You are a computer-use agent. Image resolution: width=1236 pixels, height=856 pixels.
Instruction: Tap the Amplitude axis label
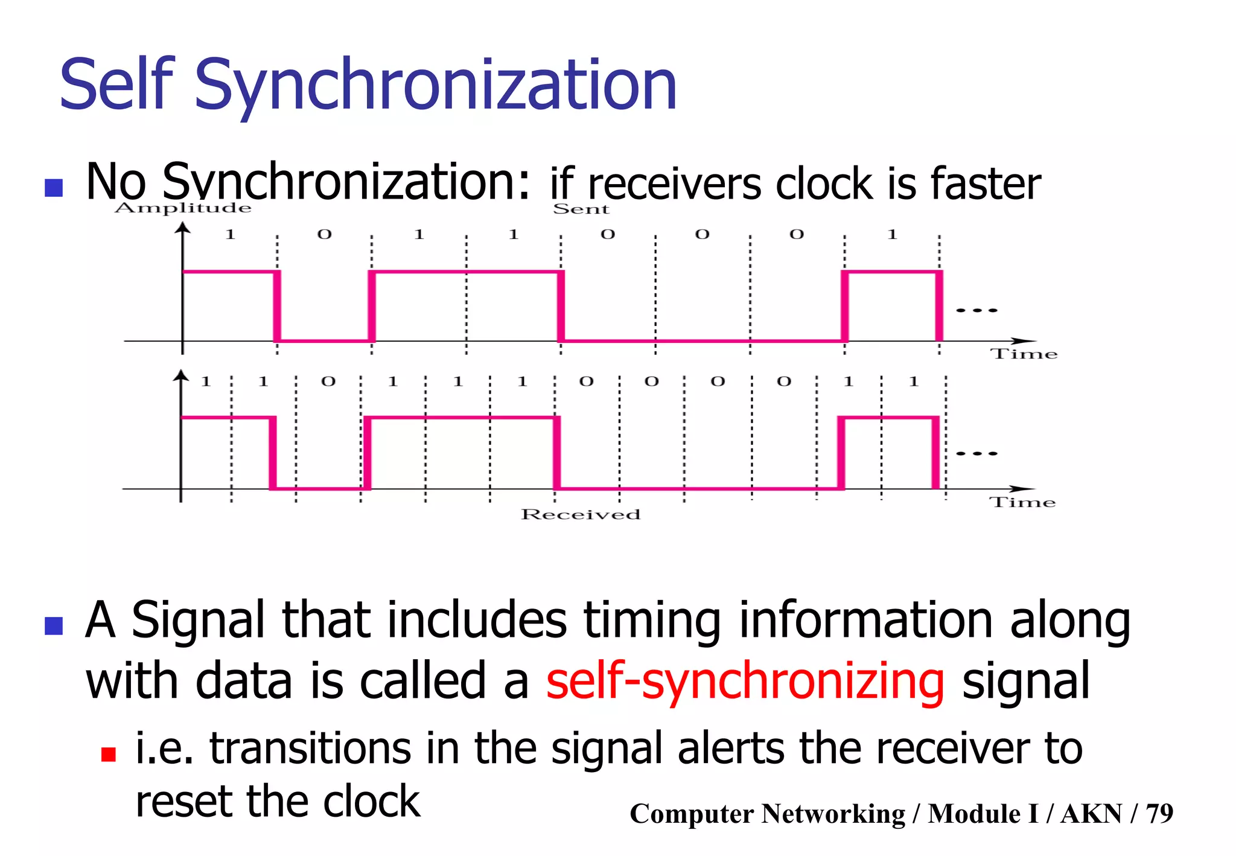coord(183,208)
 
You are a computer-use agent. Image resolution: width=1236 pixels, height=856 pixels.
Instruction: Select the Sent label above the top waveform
coord(581,209)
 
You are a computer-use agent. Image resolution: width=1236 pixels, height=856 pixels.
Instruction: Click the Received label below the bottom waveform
coord(581,514)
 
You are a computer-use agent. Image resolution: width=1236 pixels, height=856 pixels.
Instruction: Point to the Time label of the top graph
coord(1024,354)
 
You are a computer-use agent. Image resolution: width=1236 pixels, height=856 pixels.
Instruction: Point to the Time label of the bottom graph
coord(1022,502)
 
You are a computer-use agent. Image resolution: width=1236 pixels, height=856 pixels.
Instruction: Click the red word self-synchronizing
coord(745,681)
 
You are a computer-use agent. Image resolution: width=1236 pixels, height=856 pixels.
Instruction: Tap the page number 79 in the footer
coord(1159,814)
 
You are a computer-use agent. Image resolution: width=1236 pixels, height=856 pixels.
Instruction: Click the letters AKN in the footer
coord(1091,814)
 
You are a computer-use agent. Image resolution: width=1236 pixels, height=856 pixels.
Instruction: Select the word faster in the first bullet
coord(986,184)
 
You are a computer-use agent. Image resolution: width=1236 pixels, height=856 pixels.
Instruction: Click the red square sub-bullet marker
coord(109,755)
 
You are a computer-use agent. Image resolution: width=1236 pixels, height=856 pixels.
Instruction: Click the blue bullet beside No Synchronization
coord(54,188)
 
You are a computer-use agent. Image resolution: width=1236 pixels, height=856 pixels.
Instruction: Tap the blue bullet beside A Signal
coord(54,626)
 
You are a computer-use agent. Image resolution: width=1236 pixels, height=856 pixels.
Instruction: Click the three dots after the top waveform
coord(976,310)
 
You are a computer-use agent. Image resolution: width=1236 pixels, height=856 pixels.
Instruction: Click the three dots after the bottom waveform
coord(976,453)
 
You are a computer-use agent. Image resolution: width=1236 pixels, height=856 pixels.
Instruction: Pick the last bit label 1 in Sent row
coord(892,234)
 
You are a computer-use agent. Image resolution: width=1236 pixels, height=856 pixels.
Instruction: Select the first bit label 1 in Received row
coord(206,382)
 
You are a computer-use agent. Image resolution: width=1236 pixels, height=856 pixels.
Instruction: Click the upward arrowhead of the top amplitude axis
coord(182,228)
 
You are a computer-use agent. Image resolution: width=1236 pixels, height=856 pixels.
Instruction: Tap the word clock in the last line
coord(371,802)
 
